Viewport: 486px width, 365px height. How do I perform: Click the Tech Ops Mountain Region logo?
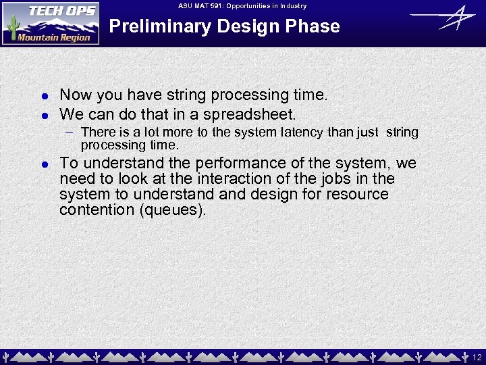(51, 23)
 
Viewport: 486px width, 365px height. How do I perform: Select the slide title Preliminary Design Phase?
(224, 26)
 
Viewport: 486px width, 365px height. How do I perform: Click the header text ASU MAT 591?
(202, 6)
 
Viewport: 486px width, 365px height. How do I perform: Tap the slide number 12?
(477, 356)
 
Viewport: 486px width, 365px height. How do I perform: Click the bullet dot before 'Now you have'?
(43, 96)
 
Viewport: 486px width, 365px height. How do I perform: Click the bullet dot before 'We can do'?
(43, 115)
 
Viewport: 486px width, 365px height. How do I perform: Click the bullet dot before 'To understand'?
(43, 164)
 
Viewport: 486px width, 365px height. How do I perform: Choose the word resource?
(358, 194)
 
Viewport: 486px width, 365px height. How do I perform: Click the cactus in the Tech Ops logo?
(11, 28)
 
